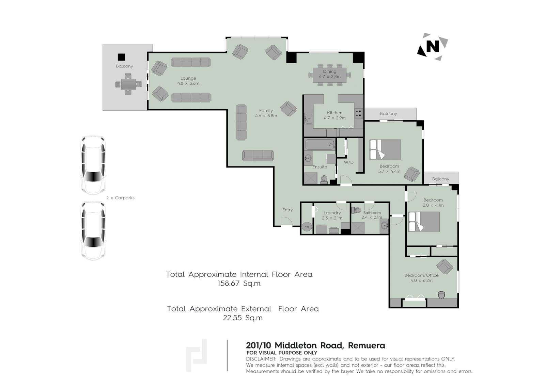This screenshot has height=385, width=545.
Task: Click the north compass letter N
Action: click(433, 46)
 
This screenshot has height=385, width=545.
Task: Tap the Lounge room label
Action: click(188, 78)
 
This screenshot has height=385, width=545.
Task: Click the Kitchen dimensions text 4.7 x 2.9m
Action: click(334, 118)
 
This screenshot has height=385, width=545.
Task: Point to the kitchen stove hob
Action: click(358, 113)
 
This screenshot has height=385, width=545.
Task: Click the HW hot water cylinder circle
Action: click(307, 227)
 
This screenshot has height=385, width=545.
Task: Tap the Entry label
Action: click(287, 210)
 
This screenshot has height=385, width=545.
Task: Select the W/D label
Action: click(349, 162)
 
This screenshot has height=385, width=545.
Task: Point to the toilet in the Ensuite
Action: click(324, 180)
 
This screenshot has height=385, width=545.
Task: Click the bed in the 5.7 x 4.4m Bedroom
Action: click(385, 149)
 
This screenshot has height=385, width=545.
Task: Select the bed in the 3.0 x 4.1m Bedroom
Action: click(424, 222)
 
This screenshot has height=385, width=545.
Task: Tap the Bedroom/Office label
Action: click(421, 275)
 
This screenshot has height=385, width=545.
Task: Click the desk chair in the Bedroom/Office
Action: click(441, 295)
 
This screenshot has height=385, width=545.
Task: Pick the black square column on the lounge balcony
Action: click(121, 57)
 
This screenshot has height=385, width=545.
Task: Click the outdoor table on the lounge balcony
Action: click(128, 84)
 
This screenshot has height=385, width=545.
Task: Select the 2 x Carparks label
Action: click(120, 198)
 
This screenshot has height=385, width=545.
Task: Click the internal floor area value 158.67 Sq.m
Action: click(239, 283)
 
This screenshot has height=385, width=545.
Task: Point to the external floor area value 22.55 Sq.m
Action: click(243, 318)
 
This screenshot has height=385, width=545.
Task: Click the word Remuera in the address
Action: click(367, 346)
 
